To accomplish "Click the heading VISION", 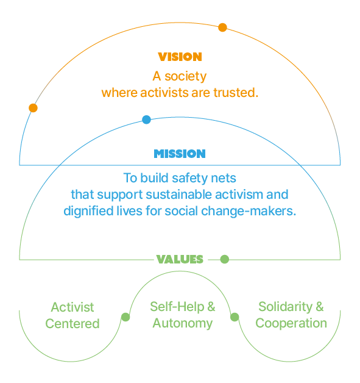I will pos(180,57).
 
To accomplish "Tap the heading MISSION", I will pos(180,154).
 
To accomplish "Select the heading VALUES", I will pos(180,259).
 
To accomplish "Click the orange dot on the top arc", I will pos(222,27).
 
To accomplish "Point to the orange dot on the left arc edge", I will pos(33,108).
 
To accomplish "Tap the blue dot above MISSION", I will pos(146,120).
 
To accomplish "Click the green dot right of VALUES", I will pos(224,259).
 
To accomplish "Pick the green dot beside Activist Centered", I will pos(125,317).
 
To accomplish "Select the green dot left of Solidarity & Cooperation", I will pos(235,317).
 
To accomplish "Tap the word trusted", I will pos(238,93).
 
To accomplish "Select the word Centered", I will pos(72,324).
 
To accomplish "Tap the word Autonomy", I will pos(182,323).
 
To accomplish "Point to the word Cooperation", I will pos(291,323).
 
